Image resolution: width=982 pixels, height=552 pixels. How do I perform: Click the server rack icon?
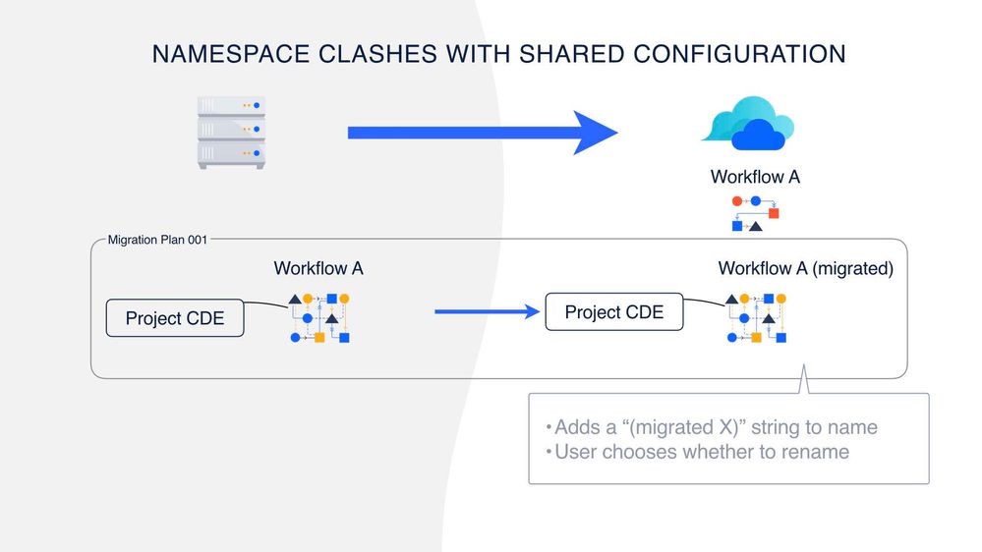pos(232,133)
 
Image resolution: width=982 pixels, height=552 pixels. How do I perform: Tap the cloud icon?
pos(748,124)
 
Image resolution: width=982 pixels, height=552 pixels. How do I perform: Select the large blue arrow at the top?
pos(482,133)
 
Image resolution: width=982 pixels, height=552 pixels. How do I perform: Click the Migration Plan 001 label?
pos(157,240)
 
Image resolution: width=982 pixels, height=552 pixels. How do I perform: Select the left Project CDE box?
pos(175,318)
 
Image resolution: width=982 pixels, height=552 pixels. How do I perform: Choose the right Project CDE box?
pos(614,312)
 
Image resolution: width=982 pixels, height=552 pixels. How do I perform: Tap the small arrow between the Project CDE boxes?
pos(488,312)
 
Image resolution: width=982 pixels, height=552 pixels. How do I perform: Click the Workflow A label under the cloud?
pos(755,177)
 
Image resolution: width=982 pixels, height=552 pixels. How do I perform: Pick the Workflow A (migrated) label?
pos(805,268)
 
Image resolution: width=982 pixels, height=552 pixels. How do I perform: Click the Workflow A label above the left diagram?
pos(318,267)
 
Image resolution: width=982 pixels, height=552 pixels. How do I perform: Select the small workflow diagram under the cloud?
pos(755,213)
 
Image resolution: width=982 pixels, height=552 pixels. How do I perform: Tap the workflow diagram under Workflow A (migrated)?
pos(756,317)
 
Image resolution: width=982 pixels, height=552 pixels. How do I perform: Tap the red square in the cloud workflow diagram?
pos(774,213)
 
